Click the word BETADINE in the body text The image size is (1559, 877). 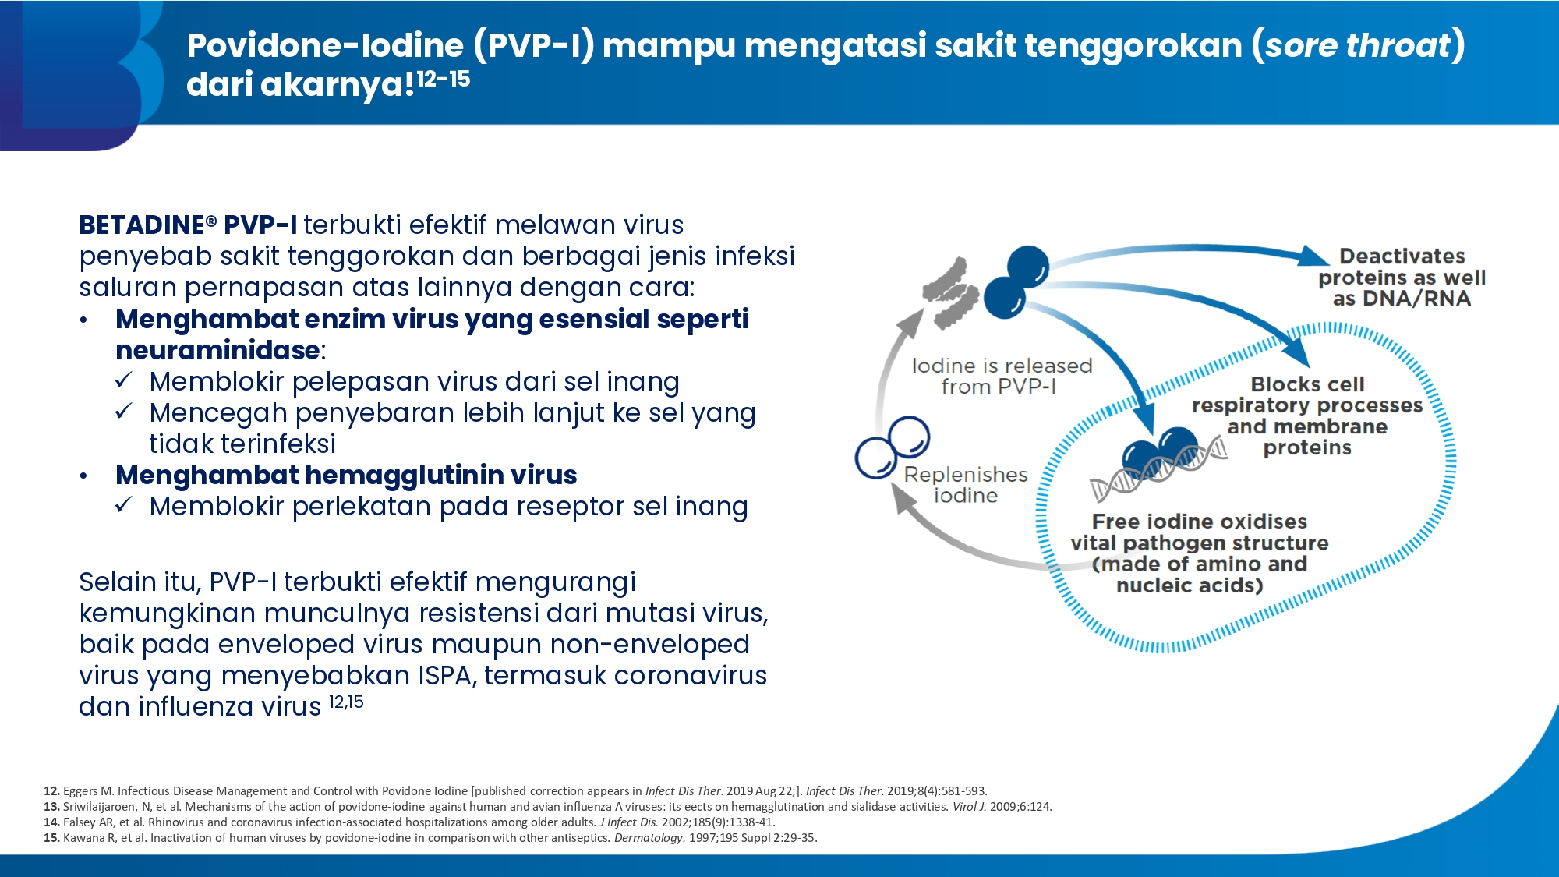point(142,225)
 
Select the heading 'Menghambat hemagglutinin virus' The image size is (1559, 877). point(346,475)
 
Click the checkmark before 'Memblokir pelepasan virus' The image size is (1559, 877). point(124,380)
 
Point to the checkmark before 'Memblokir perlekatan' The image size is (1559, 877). point(124,505)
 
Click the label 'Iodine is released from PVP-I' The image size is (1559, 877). point(1002,376)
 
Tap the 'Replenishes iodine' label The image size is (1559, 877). point(966,485)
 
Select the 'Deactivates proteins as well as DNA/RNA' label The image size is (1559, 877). point(1402,278)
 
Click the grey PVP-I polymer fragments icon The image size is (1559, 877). point(950,293)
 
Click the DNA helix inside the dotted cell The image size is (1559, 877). point(1158,469)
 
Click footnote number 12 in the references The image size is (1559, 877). point(51,790)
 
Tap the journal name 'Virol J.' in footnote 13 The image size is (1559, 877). point(969,807)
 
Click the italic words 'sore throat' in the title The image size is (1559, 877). point(1357,45)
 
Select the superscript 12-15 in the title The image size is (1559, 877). point(443,79)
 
